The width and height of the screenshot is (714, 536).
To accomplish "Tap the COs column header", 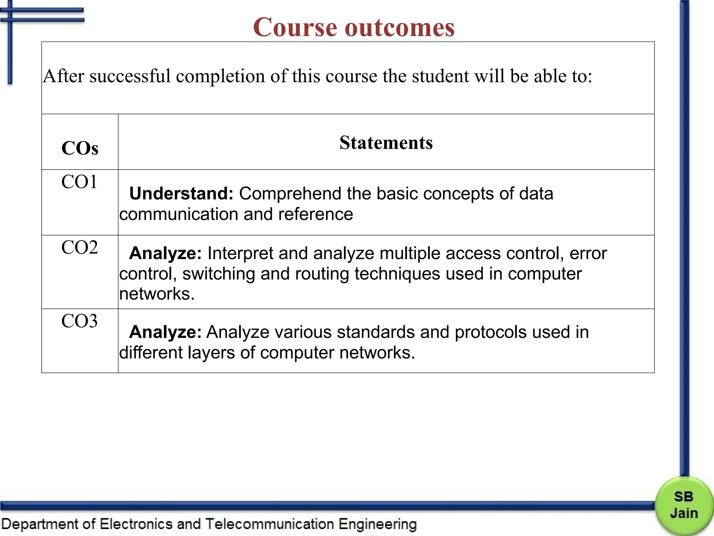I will tap(80, 148).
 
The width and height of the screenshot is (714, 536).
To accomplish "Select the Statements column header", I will tap(386, 143).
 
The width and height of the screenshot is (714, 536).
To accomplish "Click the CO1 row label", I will tap(79, 182).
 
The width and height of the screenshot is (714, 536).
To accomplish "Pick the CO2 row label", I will tap(79, 247).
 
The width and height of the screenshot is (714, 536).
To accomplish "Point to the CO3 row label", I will tap(79, 321).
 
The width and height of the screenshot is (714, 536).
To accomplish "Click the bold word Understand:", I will tap(181, 193).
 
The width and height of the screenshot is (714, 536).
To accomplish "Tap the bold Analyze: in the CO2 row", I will tap(165, 253).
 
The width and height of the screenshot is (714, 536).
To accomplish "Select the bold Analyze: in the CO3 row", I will tap(165, 332).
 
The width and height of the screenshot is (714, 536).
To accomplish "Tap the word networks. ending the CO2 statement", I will tap(157, 294).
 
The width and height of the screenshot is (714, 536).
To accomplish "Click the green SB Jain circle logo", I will tap(684, 505).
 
